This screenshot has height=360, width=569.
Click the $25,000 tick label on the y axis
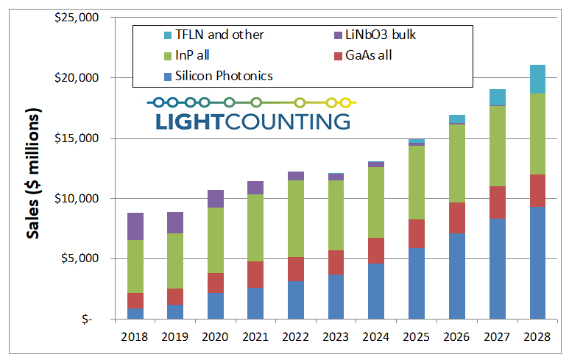(76, 17)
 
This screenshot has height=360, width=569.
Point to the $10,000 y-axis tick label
(76, 198)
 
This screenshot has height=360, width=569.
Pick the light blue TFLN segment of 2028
(537, 79)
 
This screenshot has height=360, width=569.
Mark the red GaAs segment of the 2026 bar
(457, 218)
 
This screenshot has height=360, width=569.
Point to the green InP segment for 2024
(377, 202)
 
